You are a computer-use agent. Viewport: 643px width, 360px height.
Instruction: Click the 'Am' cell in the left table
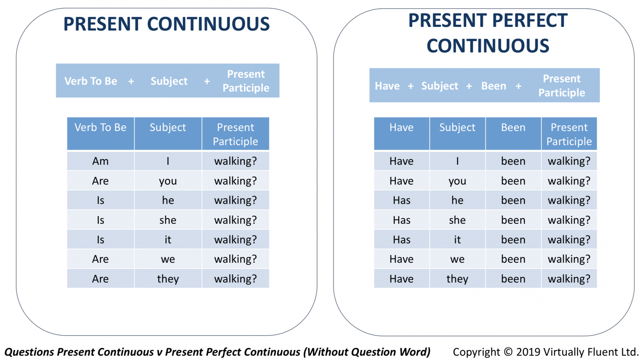[x=100, y=161]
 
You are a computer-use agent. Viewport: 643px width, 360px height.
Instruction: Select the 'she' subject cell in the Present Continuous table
[x=168, y=220]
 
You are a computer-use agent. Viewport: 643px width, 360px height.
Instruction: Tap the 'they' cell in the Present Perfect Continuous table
[x=457, y=279]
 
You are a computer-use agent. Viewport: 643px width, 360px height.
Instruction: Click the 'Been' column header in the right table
[x=513, y=133]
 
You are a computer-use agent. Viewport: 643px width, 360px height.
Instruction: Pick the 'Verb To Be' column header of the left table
[x=100, y=133]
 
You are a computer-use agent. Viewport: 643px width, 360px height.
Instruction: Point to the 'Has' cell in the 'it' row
[x=401, y=239]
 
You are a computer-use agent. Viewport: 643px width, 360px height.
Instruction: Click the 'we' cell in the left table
[x=168, y=259]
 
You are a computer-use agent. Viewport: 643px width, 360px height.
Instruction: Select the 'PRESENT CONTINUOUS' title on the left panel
[x=166, y=24]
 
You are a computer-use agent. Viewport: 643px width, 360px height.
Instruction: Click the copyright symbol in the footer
[x=508, y=352]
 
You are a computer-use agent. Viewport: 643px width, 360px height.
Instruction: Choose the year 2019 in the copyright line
[x=528, y=352]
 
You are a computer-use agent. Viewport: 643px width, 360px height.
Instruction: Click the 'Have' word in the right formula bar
[x=387, y=86]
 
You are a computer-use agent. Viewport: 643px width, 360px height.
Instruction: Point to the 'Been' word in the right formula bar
[x=494, y=86]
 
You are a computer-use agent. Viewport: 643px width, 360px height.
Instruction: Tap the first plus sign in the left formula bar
[x=131, y=82]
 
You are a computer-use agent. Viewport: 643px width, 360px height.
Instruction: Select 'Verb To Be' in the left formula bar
[x=91, y=81]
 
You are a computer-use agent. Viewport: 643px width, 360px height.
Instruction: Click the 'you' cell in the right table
[x=457, y=181]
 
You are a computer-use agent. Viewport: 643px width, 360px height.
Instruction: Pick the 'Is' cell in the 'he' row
[x=100, y=200]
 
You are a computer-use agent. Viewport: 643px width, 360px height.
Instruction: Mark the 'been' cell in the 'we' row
[x=513, y=259]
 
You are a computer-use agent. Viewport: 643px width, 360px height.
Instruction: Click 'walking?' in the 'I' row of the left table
[x=235, y=161]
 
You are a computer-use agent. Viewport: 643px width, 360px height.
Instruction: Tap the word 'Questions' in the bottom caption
[x=29, y=352]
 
